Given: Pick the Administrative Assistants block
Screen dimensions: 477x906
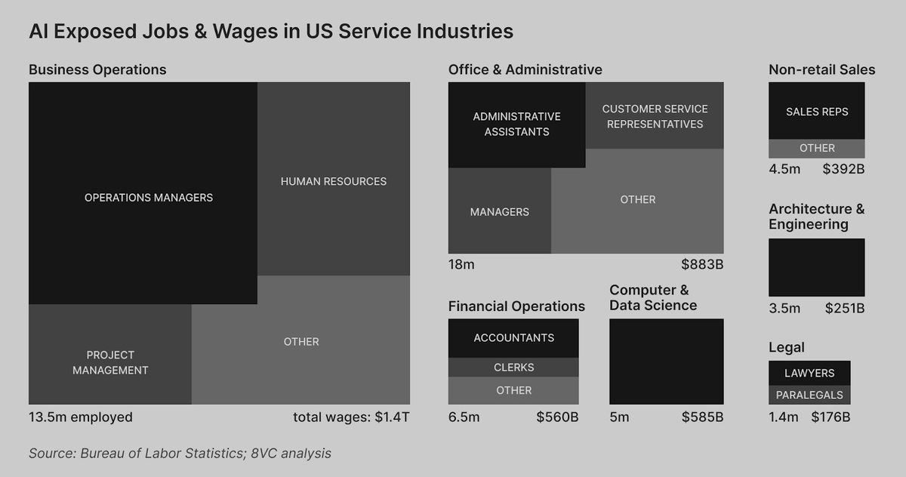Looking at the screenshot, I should tap(516, 125).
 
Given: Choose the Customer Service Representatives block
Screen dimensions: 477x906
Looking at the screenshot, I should tap(655, 116).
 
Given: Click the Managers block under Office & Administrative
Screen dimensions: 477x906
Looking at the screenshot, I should tap(500, 211).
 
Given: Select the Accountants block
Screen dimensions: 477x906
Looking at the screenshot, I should tap(513, 338).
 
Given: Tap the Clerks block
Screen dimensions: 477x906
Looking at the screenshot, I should tap(513, 368).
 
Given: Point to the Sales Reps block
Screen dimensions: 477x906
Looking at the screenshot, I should tap(817, 111).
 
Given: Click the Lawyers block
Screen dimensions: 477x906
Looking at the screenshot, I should tap(809, 373).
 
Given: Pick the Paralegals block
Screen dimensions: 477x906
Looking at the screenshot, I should tap(809, 395).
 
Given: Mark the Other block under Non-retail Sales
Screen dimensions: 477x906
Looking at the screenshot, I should tap(817, 149).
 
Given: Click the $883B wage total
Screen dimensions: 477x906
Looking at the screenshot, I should tap(702, 264).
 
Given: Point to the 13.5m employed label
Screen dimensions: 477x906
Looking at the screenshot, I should tap(81, 417).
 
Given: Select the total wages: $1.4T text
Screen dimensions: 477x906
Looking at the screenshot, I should tap(351, 417).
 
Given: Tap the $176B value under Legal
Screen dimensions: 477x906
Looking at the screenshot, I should tap(830, 417).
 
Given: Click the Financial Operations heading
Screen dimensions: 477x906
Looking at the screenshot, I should tap(516, 306).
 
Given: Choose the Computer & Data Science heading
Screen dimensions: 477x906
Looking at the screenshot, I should tap(653, 297).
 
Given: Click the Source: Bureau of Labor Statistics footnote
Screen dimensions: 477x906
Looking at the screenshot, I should tap(180, 454).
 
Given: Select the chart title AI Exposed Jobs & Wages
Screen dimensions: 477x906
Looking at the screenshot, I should tap(271, 32).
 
